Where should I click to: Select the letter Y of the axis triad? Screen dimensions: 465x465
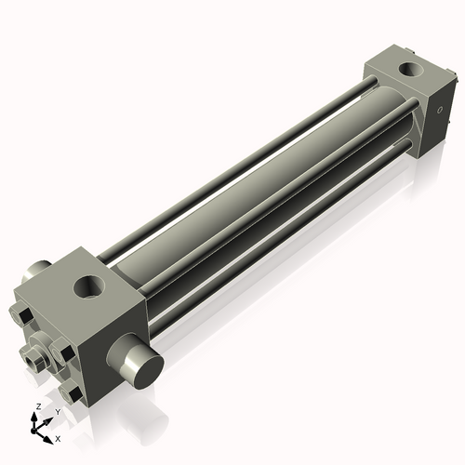[56, 410]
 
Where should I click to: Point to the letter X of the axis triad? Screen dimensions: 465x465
[58, 437]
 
